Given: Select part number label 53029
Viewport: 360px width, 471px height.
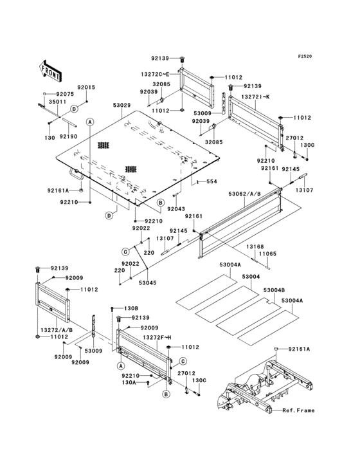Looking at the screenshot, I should tap(122, 106).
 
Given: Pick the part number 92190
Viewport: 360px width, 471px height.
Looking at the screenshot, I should tap(69, 136).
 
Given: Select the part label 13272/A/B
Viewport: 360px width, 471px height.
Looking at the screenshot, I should tap(57, 330).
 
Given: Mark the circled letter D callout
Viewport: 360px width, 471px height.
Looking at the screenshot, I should tap(109, 215).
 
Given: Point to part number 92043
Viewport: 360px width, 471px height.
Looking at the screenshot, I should tap(175, 209).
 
